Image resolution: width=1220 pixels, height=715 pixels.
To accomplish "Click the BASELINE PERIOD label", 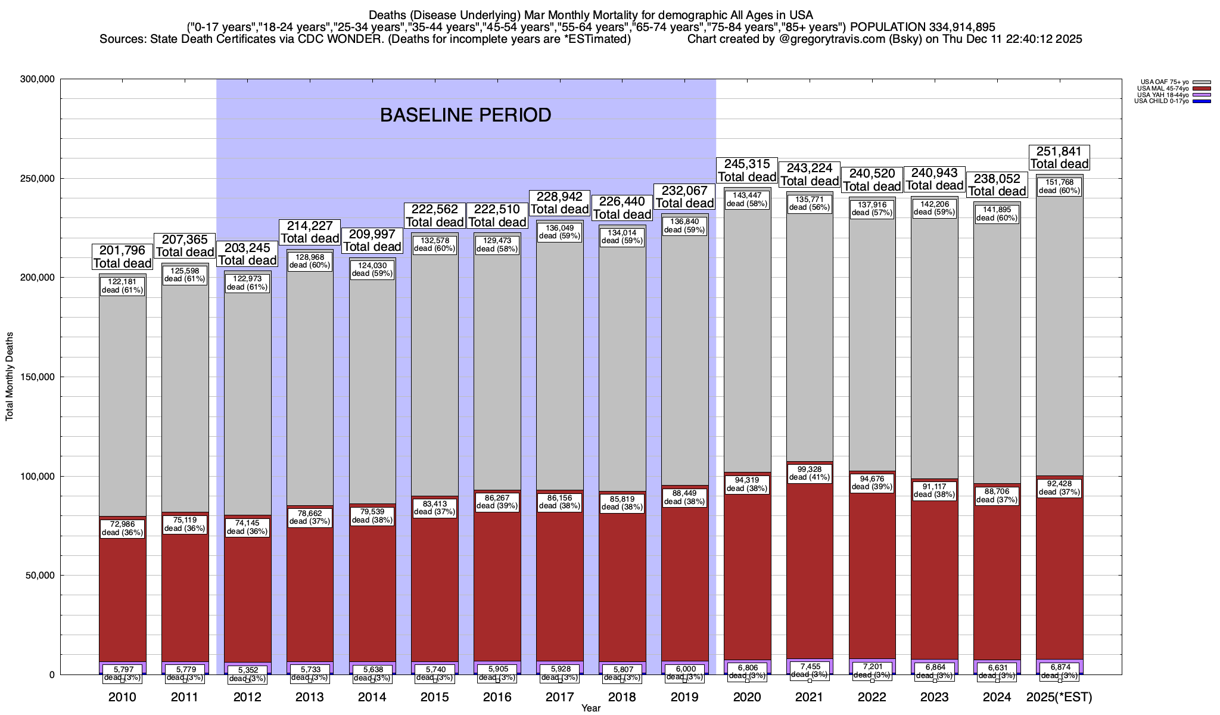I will coord(465,115).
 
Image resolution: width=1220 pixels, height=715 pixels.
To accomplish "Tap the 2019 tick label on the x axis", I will coord(684,697).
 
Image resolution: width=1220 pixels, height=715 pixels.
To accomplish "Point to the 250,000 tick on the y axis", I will coord(37,179).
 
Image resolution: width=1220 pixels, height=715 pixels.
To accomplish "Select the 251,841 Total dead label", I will coord(1059,158).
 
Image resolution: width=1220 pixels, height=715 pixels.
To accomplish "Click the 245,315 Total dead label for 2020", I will coord(747,170).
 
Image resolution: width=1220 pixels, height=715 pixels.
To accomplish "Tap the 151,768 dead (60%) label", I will coord(1059,186).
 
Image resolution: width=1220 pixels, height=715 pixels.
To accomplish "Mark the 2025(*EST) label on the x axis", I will coord(1059,697).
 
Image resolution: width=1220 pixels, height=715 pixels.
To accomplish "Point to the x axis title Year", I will coord(591,708).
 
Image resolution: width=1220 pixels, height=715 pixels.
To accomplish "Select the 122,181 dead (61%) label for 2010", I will coord(123,286).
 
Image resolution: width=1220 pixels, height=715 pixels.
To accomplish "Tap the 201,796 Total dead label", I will coord(123,257).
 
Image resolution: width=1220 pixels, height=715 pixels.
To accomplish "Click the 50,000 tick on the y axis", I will coord(39,576).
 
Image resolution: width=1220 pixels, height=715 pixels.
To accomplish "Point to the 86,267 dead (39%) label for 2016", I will coord(497,502).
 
